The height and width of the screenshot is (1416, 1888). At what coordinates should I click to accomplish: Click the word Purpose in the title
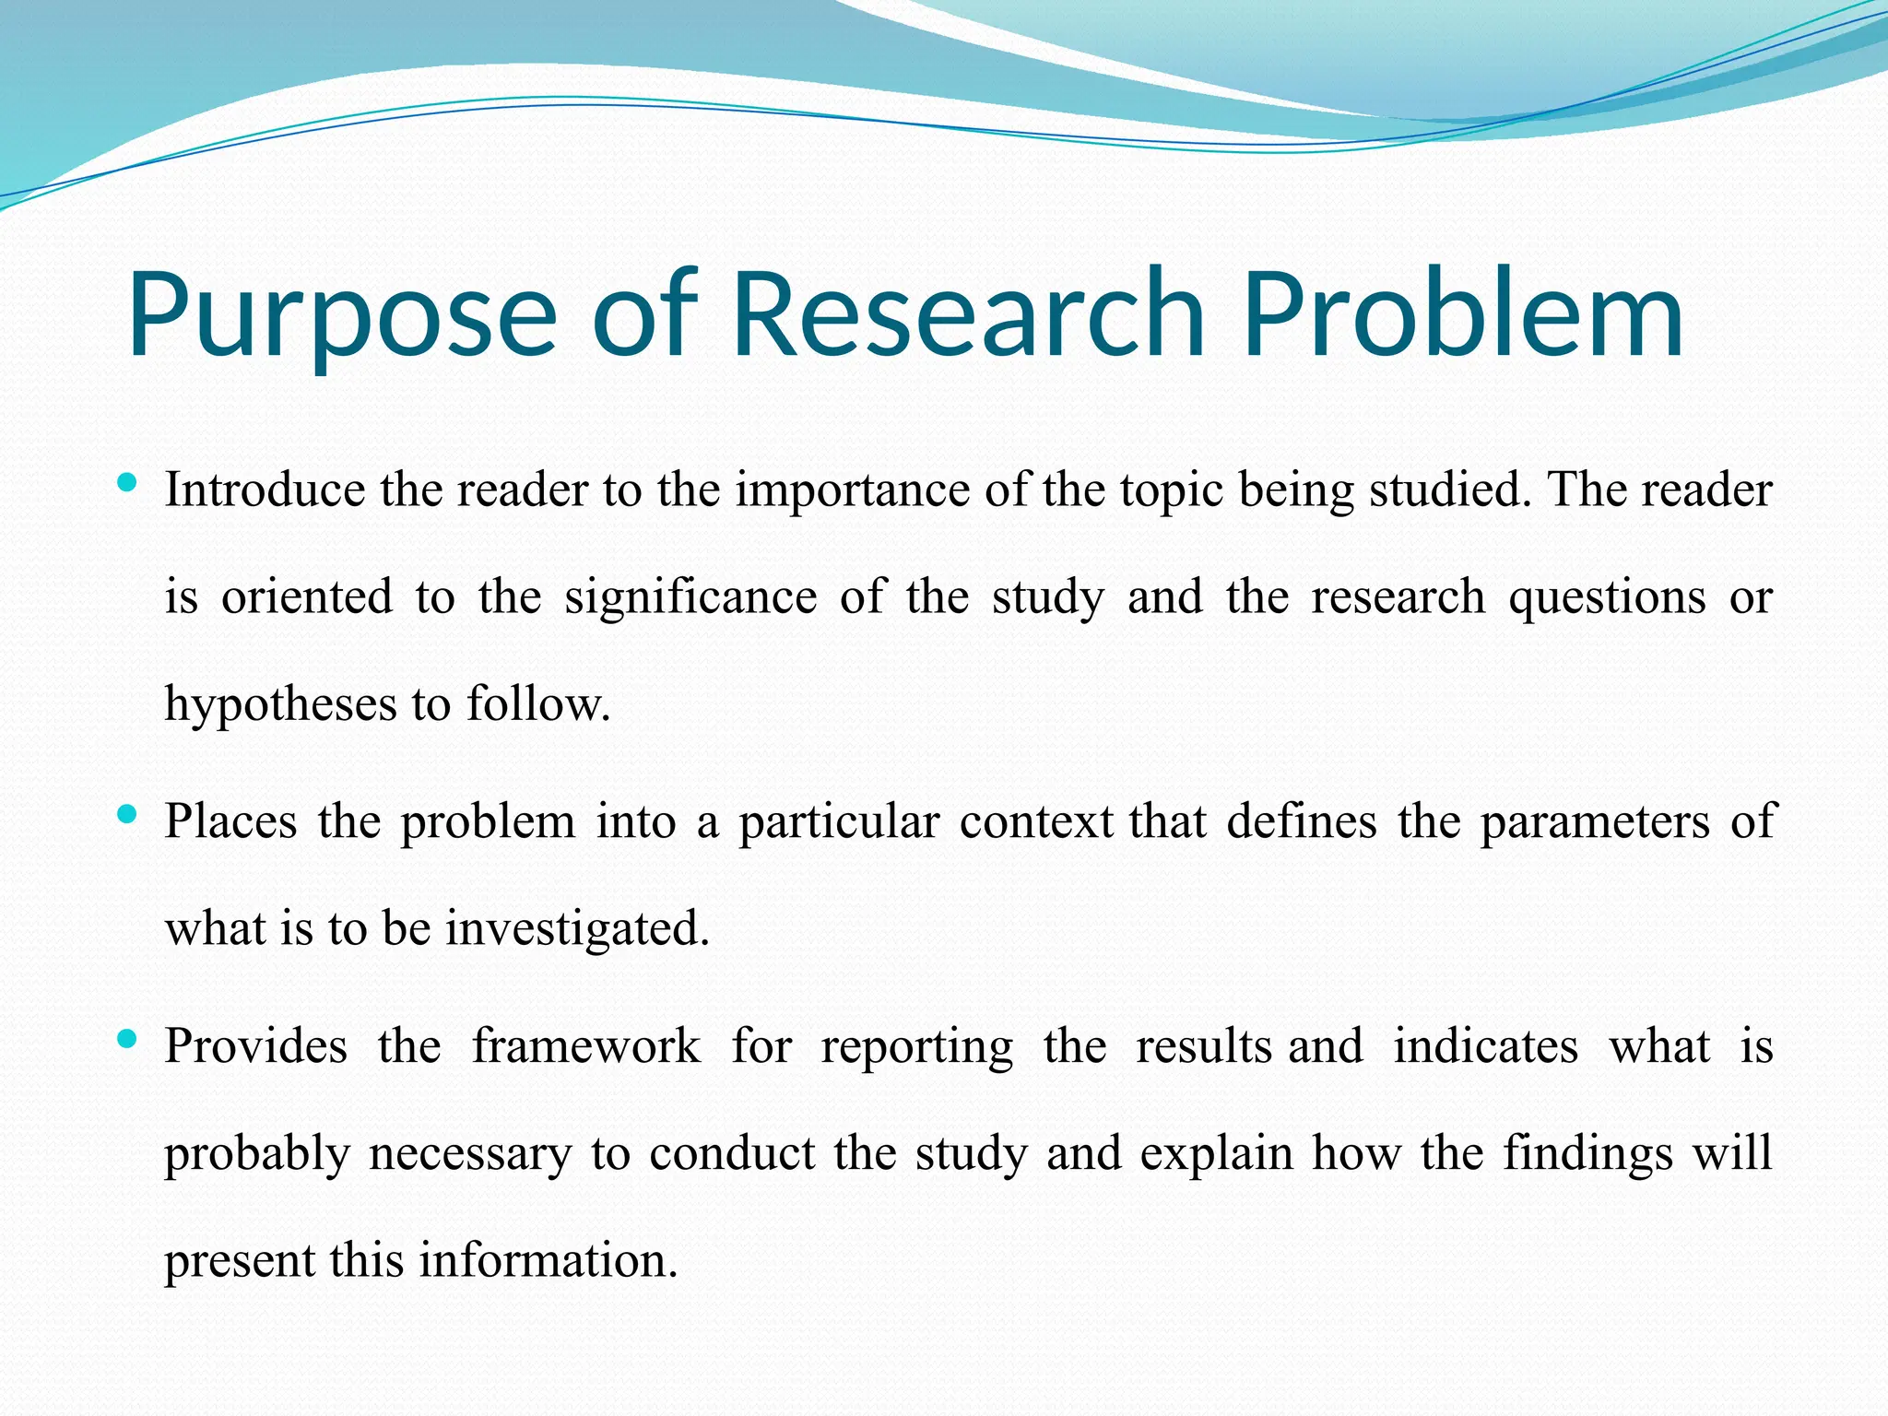pos(341,315)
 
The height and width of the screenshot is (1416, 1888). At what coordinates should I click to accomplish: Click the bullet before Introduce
pos(128,482)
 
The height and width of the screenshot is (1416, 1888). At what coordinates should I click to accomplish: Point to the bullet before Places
pos(128,814)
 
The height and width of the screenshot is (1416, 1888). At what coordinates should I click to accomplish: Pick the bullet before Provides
pos(128,1040)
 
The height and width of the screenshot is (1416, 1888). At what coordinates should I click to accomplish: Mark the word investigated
pos(578,929)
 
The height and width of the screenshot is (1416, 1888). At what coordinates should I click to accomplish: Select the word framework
pos(586,1047)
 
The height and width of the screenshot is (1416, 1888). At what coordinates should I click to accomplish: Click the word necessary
pos(470,1155)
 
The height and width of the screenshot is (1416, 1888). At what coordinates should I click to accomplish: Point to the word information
pos(549,1260)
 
